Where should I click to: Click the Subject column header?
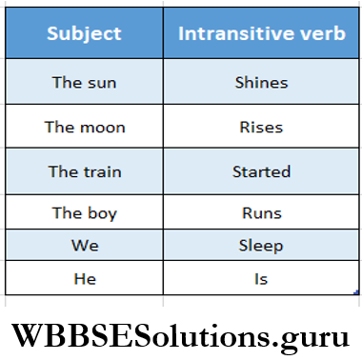click(85, 33)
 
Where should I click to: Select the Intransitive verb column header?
click(261, 33)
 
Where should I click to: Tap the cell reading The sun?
click(85, 82)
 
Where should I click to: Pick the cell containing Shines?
click(261, 82)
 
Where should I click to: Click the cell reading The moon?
click(85, 127)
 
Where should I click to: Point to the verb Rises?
click(261, 127)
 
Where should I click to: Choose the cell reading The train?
click(85, 172)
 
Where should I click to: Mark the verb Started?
click(261, 172)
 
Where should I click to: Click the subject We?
click(85, 246)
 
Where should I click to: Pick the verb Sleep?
click(261, 246)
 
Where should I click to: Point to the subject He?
click(85, 278)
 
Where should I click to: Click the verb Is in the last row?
click(261, 278)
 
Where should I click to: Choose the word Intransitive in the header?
click(238, 33)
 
